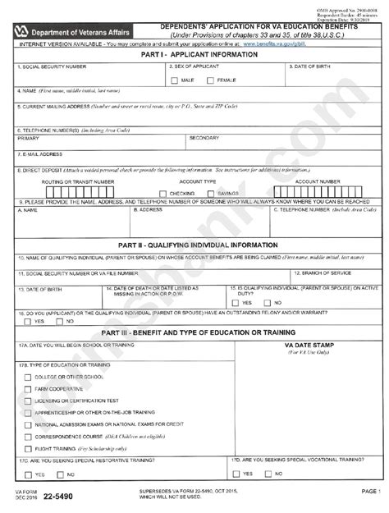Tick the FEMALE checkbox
211,80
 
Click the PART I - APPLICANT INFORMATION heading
194,53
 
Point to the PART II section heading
194,244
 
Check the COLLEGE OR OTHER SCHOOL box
29,375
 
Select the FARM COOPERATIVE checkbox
29,387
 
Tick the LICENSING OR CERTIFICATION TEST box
29,400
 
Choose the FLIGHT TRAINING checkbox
29,450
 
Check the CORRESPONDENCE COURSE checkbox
29,437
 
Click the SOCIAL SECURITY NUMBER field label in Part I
50,65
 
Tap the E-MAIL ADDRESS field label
40,153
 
